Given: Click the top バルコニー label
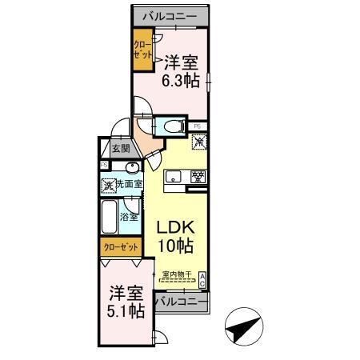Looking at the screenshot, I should point(171,16).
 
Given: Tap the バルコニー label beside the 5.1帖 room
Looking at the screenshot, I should point(179,302).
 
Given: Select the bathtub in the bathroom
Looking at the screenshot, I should point(109,217).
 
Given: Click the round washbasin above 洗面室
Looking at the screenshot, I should point(131,167).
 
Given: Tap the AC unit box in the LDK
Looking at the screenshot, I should point(203,279).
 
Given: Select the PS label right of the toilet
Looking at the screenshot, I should point(197,126).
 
